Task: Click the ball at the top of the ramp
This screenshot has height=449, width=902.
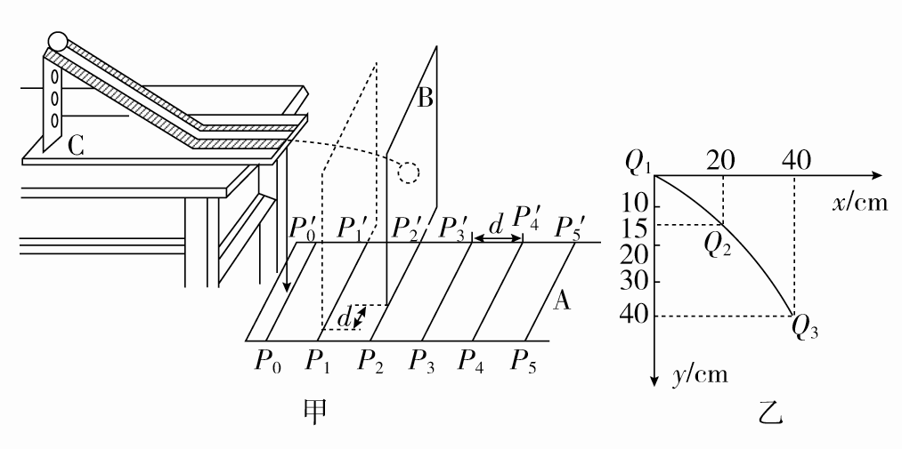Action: [58, 41]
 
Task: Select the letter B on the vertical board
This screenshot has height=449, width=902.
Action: [426, 98]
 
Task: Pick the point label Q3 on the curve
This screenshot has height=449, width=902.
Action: [804, 333]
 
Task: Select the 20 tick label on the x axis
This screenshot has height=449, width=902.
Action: [721, 160]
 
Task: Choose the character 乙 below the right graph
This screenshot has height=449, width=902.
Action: [768, 412]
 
